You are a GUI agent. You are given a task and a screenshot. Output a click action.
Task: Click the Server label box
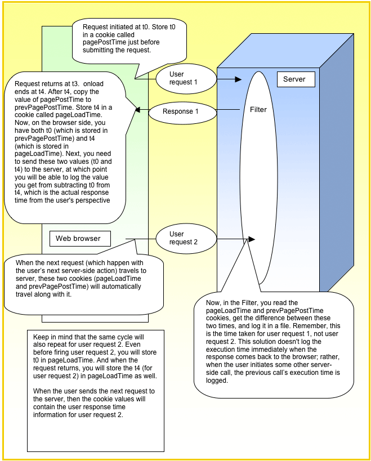(296, 79)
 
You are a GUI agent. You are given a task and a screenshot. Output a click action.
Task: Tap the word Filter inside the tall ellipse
(258, 110)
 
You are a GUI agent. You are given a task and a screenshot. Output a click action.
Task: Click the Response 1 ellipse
(181, 111)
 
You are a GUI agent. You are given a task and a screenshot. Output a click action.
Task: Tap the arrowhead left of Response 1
(137, 110)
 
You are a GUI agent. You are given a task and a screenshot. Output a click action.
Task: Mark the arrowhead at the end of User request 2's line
(251, 239)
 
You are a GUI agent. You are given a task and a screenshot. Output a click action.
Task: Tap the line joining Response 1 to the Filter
(227, 109)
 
